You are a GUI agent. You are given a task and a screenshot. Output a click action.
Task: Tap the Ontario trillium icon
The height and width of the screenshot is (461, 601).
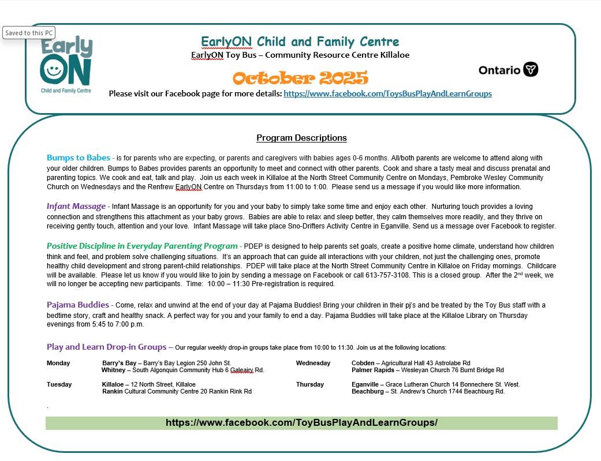point(531,70)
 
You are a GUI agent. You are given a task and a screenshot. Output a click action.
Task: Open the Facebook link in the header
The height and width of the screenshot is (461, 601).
point(387,93)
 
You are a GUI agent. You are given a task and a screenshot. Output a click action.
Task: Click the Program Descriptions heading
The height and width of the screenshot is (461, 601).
point(301,138)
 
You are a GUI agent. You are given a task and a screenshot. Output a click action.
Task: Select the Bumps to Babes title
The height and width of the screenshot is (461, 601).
point(79,158)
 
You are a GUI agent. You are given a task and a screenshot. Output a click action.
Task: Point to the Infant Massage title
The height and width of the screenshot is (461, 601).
point(76,206)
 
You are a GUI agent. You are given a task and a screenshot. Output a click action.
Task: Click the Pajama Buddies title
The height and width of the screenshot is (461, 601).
point(78,305)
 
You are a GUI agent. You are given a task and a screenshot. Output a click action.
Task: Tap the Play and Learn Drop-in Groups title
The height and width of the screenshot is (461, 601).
point(106,347)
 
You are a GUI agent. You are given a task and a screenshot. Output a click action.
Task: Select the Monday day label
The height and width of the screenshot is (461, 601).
point(58,363)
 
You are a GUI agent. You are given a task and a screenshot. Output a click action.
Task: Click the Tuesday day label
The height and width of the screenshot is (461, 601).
point(59,384)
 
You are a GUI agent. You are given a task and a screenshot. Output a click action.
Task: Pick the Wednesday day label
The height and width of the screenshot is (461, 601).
point(313,363)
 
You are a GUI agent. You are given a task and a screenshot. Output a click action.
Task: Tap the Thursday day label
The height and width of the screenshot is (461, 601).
point(310,384)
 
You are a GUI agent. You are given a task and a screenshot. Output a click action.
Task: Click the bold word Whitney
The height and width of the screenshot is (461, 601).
point(113,370)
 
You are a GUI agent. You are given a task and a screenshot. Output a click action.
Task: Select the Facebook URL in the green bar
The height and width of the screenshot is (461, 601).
point(301,422)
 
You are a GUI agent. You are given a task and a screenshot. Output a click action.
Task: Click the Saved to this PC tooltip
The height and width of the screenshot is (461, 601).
point(29,33)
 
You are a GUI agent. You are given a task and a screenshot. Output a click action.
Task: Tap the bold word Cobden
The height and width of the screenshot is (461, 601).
point(363,363)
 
